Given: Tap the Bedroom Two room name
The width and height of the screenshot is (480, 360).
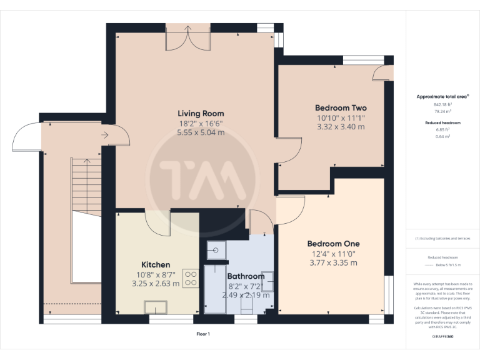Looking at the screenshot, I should coord(341,107).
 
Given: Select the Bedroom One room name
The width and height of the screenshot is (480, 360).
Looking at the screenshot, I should coord(332,243).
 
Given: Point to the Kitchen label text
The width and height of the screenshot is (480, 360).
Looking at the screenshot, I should coord(156,264).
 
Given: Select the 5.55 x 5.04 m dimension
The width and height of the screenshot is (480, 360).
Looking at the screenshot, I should coord(201,133).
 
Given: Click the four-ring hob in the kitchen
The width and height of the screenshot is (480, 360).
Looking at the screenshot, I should coord(191,277).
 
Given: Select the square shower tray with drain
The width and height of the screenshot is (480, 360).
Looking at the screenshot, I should coord(216,249).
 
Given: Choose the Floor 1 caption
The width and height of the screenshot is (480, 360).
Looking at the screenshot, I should coord(203,334).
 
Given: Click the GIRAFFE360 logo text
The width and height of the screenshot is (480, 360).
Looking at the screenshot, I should coord(442,337).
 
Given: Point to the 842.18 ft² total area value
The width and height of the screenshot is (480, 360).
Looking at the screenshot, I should coord(442,104).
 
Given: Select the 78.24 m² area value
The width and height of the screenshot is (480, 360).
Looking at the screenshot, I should coord(442,111).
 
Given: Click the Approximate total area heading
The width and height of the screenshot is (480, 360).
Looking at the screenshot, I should coord(442,97).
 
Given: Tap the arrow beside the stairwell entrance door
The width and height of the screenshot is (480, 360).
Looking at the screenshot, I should coord(104,133).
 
